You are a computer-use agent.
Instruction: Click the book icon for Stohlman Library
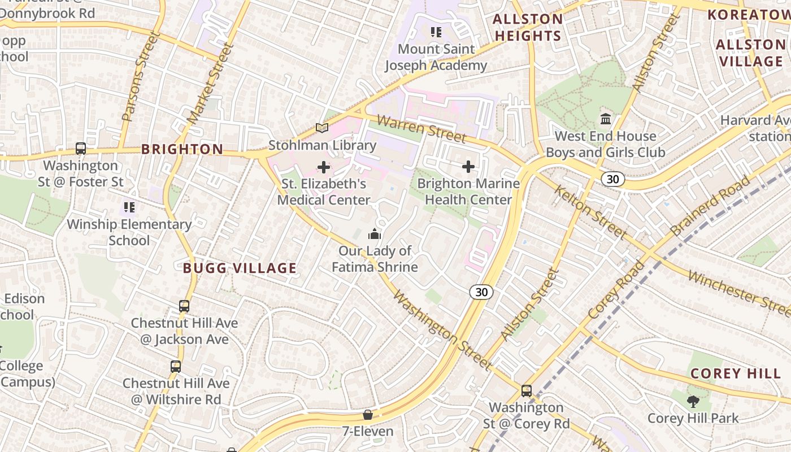(x=322, y=128)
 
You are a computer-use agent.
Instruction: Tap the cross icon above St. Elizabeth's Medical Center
(x=324, y=167)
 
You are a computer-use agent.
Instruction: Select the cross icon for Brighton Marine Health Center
(x=468, y=167)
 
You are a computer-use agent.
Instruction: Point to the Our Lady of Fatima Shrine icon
(x=375, y=234)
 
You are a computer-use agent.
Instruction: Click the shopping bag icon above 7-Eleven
(x=368, y=415)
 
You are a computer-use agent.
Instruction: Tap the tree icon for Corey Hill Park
(x=693, y=402)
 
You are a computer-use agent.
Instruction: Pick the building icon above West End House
(x=606, y=119)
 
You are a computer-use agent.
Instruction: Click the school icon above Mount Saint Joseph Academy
(x=436, y=32)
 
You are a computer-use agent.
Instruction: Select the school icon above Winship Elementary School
(x=129, y=207)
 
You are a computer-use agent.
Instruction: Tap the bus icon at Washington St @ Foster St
(x=81, y=149)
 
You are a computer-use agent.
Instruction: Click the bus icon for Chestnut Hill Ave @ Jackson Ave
(x=184, y=306)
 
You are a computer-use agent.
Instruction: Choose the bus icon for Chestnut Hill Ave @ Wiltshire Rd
(x=176, y=367)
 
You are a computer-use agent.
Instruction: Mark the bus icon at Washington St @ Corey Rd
(x=527, y=390)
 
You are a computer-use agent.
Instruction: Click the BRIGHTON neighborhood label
(x=182, y=150)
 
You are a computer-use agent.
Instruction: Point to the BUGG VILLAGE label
(x=240, y=268)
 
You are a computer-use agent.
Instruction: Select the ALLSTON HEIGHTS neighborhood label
(x=528, y=28)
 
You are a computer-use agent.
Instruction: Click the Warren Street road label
(x=421, y=129)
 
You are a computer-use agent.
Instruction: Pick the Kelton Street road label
(x=590, y=212)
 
